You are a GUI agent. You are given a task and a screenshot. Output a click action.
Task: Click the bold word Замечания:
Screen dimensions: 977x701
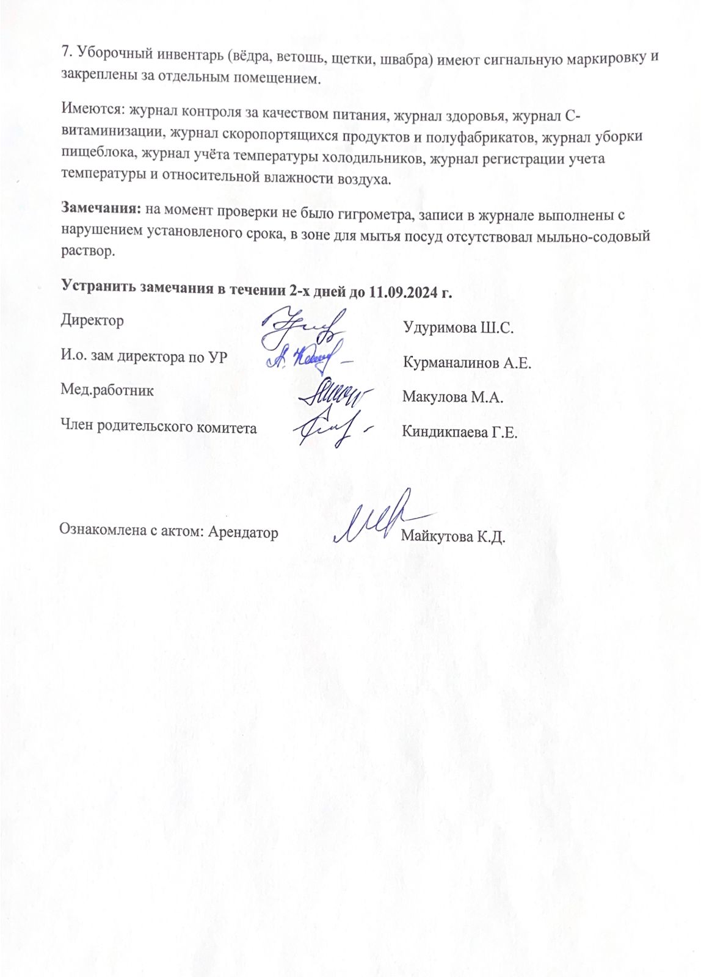pyautogui.click(x=101, y=209)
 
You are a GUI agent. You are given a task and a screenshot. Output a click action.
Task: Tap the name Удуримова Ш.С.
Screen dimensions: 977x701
pyautogui.click(x=459, y=328)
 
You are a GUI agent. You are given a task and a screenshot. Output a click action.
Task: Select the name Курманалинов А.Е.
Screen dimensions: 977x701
pyautogui.click(x=467, y=363)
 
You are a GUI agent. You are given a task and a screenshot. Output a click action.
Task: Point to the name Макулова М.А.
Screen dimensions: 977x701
pyautogui.click(x=452, y=398)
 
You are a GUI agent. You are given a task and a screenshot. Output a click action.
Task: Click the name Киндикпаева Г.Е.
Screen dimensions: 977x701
pyautogui.click(x=459, y=433)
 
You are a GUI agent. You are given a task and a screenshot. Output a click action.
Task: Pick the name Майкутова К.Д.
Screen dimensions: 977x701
pyautogui.click(x=452, y=537)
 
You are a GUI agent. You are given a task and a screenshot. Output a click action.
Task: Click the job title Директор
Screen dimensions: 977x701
pyautogui.click(x=92, y=321)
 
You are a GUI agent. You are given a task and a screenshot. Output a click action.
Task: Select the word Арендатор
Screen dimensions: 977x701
pyautogui.click(x=243, y=532)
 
